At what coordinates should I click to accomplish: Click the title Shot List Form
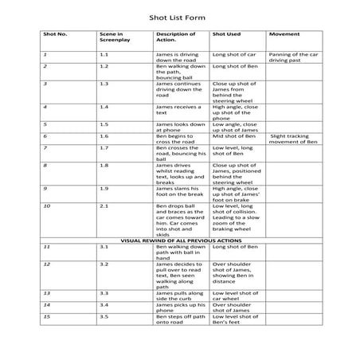(x=179, y=15)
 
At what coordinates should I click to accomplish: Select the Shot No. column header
(x=56, y=35)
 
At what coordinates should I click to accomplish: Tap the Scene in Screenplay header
(x=112, y=38)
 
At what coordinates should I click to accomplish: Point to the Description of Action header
(x=175, y=38)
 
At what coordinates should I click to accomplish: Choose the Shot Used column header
(x=226, y=35)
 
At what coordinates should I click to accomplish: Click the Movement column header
(x=284, y=35)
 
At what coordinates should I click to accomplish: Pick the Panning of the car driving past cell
(x=293, y=57)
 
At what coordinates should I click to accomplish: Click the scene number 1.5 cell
(x=104, y=123)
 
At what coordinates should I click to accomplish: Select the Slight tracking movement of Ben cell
(x=293, y=139)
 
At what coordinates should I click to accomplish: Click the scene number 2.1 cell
(x=104, y=205)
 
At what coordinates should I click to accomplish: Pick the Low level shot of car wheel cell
(x=233, y=296)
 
